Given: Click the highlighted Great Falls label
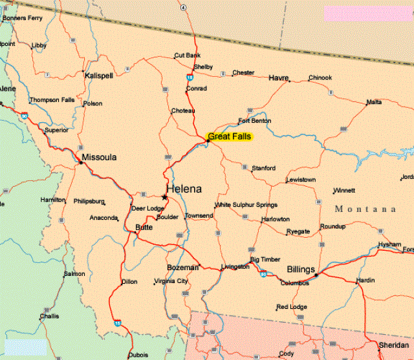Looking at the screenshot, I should click(230, 136).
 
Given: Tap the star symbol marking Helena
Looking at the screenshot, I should click(164, 196).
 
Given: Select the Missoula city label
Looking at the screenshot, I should click(99, 157).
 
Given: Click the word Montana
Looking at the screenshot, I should click(365, 209).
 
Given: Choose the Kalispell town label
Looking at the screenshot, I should click(99, 76).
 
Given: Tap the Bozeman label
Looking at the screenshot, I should click(182, 267).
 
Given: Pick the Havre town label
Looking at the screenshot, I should click(278, 78).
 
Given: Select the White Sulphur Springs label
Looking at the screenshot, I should click(246, 205).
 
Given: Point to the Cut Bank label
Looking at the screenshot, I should click(187, 56).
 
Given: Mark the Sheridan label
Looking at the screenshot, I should click(393, 346).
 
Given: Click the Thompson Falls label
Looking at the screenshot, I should click(52, 100).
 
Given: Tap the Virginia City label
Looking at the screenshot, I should click(171, 282).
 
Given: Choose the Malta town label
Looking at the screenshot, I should click(373, 102).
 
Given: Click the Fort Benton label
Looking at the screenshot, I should click(254, 121).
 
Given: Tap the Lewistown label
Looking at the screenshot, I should click(301, 179).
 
